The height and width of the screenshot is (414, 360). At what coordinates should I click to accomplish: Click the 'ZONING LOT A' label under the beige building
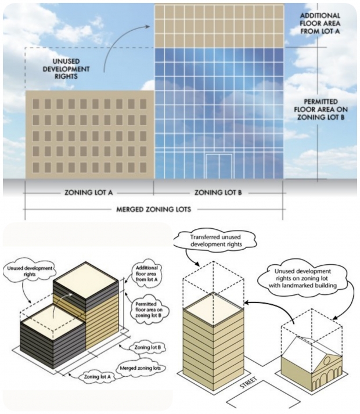(x=88, y=192)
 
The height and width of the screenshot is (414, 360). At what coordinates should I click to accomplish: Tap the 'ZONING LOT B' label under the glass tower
(x=218, y=192)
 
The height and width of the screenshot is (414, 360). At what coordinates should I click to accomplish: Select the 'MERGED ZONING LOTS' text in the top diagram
(x=153, y=210)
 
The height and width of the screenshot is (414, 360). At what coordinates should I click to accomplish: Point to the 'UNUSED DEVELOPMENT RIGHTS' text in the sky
(x=66, y=69)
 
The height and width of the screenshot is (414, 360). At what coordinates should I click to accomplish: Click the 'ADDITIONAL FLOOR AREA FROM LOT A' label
(x=320, y=23)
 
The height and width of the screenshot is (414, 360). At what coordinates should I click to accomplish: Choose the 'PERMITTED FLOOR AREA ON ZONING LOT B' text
(x=321, y=109)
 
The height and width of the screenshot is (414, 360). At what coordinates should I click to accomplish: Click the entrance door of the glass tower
(x=219, y=166)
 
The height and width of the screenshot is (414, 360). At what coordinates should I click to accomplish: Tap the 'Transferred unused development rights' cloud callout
(x=215, y=240)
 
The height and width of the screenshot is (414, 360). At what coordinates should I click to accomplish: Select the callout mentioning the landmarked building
(x=303, y=278)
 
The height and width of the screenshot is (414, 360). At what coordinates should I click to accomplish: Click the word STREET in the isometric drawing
(x=249, y=383)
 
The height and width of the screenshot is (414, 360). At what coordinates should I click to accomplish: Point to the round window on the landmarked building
(x=327, y=360)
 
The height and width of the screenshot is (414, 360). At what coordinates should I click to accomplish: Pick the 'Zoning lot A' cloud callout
(x=97, y=376)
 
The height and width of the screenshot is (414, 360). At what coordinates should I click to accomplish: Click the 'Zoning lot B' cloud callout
(x=147, y=347)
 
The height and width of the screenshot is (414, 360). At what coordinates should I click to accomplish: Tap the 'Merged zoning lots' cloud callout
(x=140, y=368)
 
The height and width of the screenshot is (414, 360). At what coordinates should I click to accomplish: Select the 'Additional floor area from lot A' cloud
(x=146, y=273)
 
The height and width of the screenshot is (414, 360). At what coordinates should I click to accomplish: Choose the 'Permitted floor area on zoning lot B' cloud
(x=149, y=309)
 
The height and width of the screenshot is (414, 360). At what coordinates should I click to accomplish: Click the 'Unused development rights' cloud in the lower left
(x=30, y=271)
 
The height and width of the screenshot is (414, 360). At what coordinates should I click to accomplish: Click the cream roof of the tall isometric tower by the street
(x=214, y=309)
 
